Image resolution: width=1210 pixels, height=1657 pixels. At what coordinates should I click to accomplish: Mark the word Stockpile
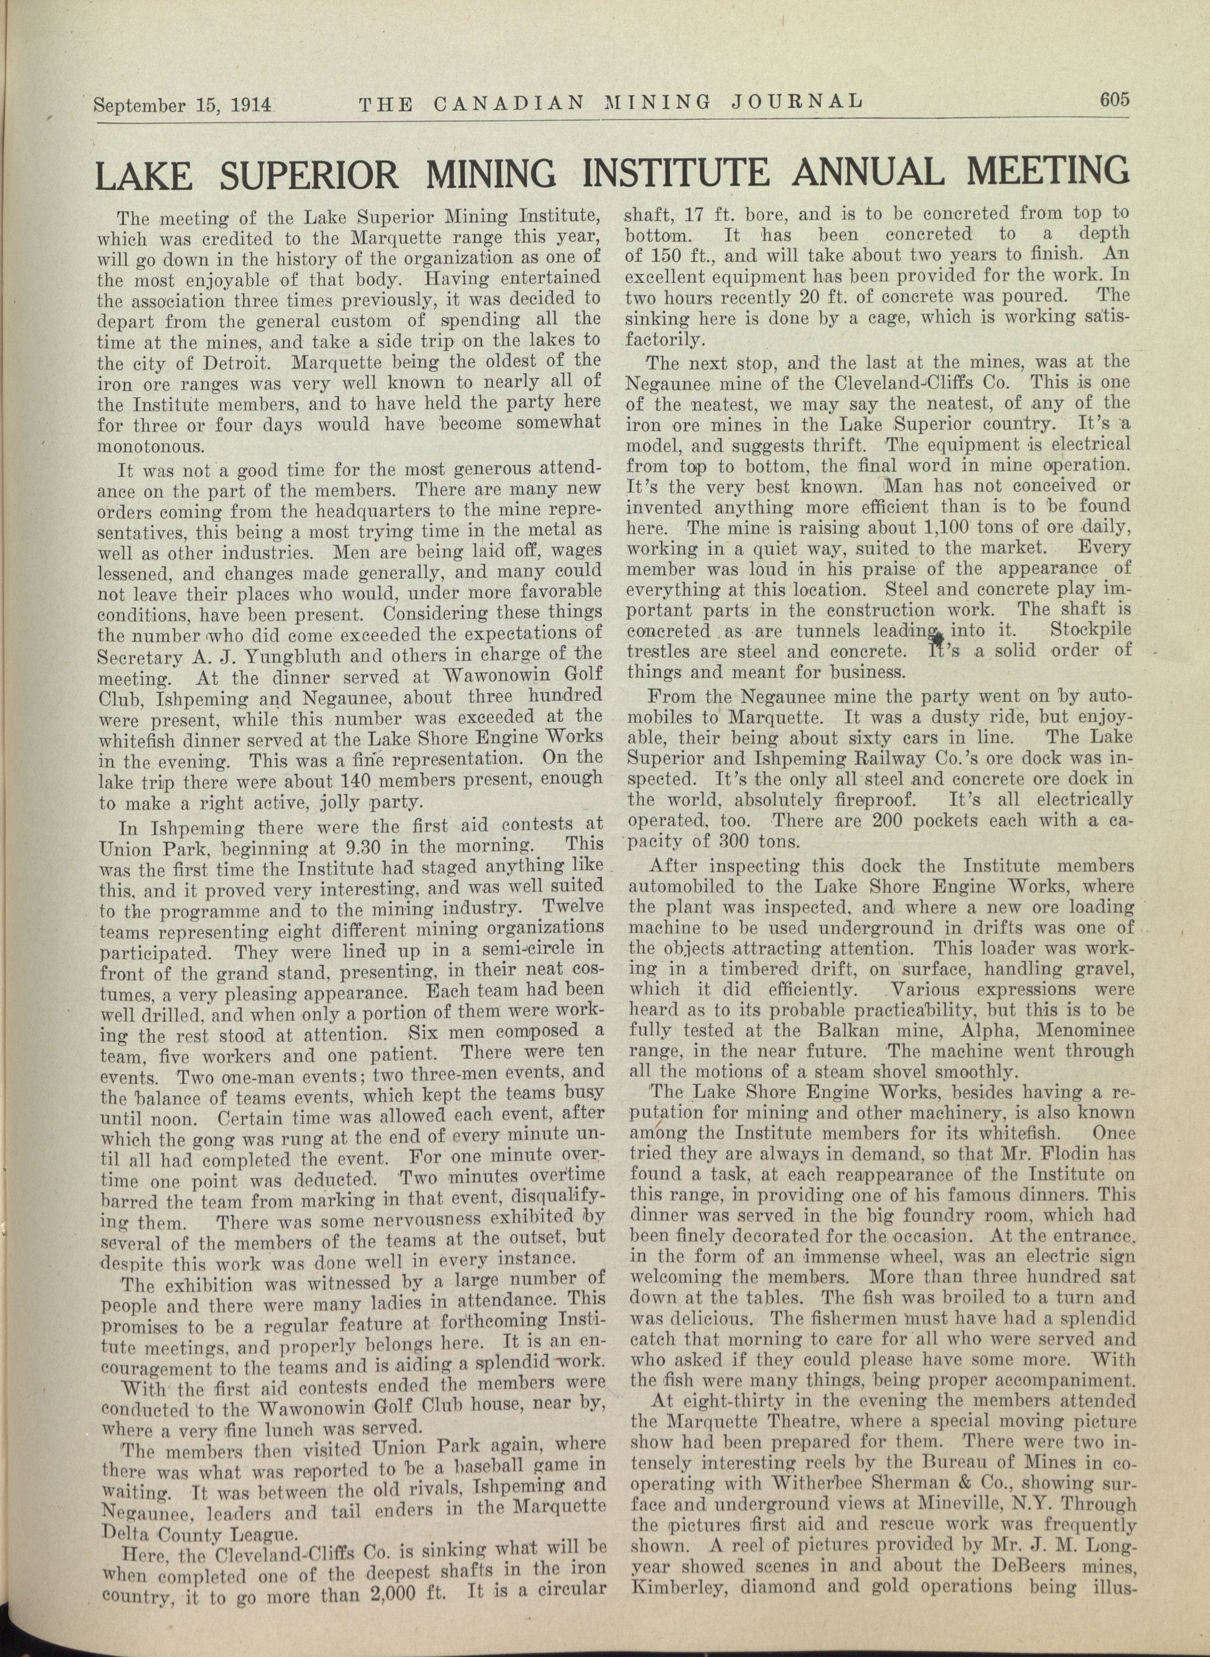pyautogui.click(x=1090, y=630)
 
